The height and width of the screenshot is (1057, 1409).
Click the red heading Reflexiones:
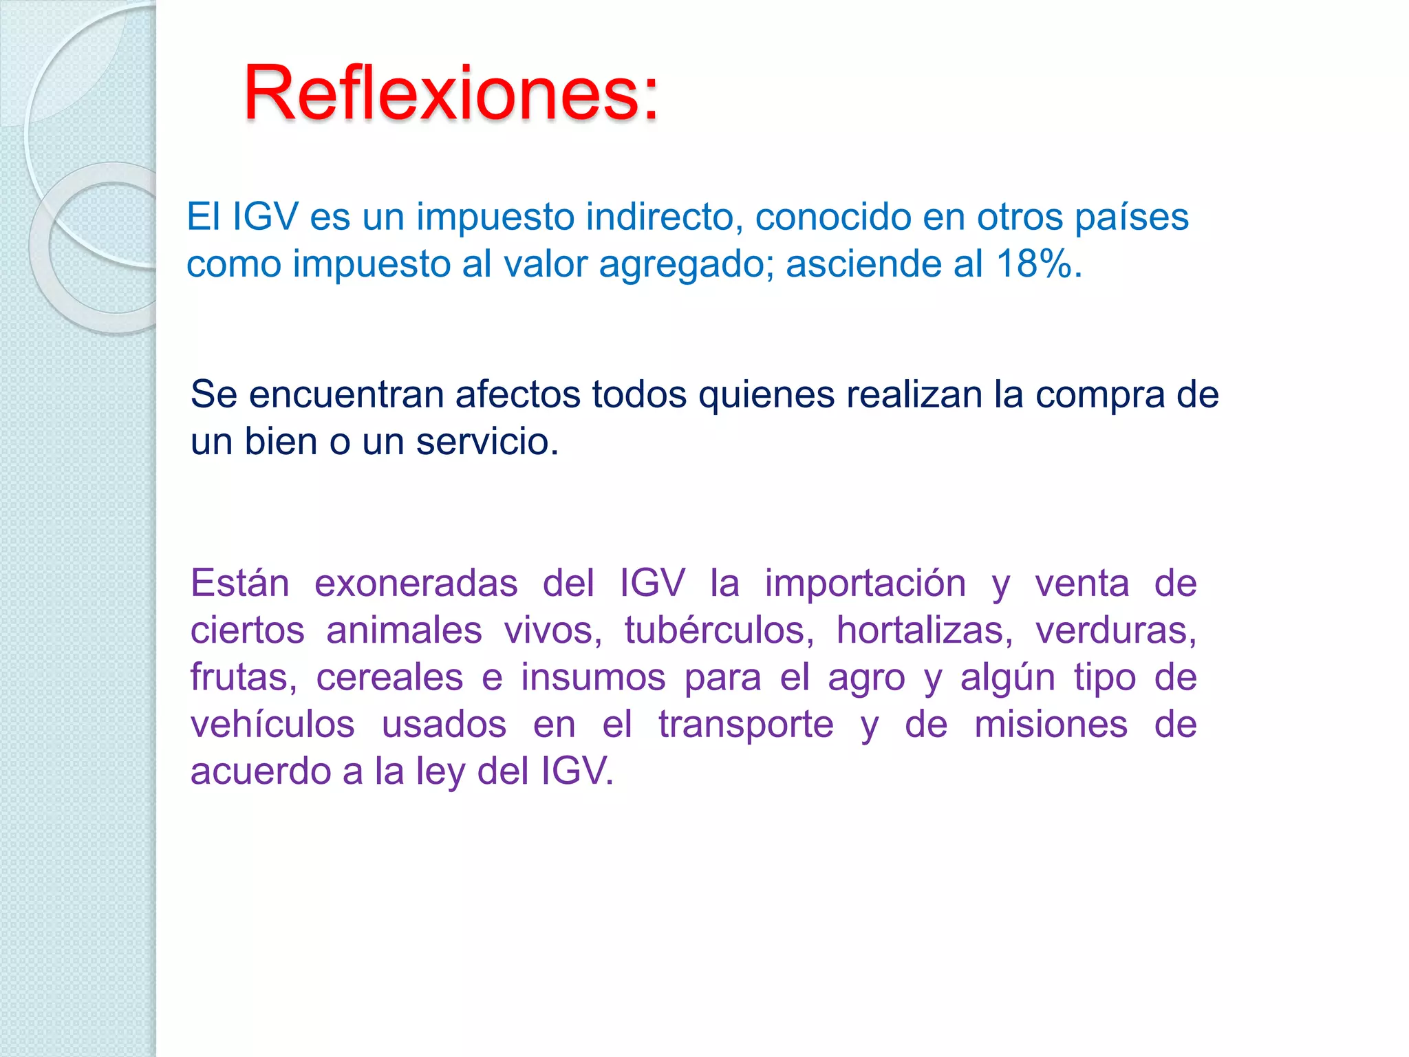coord(451,94)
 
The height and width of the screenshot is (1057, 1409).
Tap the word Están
coord(239,584)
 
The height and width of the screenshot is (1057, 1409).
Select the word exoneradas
coord(416,584)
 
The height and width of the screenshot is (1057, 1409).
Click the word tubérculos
coord(718,630)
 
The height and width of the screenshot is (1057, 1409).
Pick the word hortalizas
coord(924,630)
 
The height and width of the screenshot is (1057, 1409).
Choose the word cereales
coord(389,678)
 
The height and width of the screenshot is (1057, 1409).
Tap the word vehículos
coord(272,725)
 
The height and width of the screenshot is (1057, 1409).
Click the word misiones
coord(1051,725)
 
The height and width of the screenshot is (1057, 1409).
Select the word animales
coord(404,630)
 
